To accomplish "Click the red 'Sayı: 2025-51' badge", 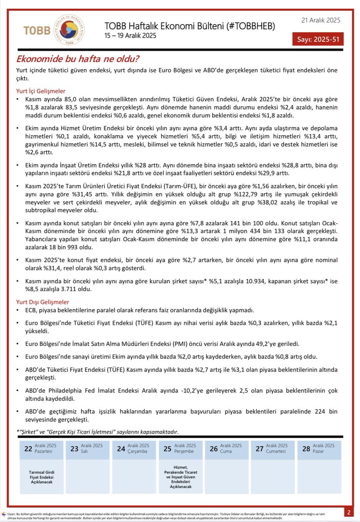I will pos(318,39).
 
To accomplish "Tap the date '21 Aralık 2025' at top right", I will pos(320,20).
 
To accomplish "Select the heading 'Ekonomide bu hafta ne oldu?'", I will pos(78,59).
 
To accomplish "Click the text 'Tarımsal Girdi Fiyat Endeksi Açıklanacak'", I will pos(42,477).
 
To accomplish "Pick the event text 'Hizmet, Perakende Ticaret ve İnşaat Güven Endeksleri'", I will pos(181,476).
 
